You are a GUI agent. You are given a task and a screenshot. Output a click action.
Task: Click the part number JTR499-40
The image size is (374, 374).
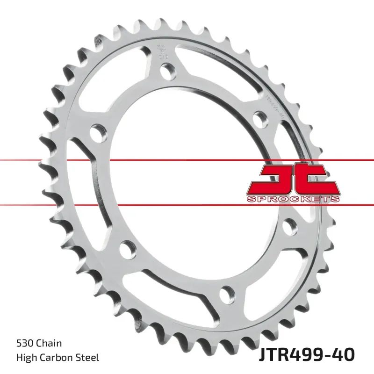point(306,354)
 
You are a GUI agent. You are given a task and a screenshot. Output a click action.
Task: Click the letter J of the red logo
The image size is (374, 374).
point(273,178)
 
